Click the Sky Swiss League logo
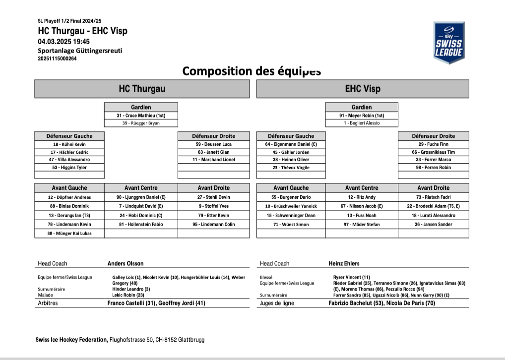click(x=448, y=43)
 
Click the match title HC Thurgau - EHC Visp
click(x=82, y=31)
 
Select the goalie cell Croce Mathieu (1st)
click(x=141, y=116)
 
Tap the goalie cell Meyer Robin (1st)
click(x=362, y=116)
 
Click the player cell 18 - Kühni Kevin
click(x=69, y=144)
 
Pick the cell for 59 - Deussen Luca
click(x=213, y=144)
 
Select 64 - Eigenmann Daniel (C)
click(x=291, y=144)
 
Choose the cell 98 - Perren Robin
click(x=433, y=168)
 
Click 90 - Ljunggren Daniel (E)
click(x=141, y=197)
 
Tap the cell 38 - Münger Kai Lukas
click(x=69, y=234)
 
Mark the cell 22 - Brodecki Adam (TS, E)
click(x=433, y=206)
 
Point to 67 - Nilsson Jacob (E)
click(x=362, y=206)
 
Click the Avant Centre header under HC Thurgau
click(x=141, y=188)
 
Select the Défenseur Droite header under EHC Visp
click(x=433, y=136)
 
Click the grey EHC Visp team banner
click(x=363, y=89)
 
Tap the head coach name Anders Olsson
click(x=126, y=263)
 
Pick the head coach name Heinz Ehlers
click(x=344, y=263)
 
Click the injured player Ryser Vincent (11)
click(x=351, y=277)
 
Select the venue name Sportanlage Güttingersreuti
click(x=80, y=51)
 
